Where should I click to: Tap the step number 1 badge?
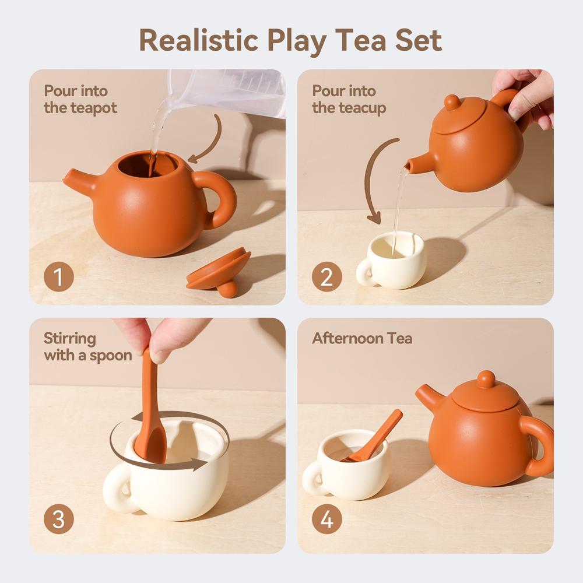click(x=59, y=277)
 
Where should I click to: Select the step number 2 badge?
click(x=327, y=277)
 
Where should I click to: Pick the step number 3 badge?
click(x=59, y=519)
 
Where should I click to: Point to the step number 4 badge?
click(x=327, y=519)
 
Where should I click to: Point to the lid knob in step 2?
click(x=452, y=102)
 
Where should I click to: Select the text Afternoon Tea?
click(x=362, y=338)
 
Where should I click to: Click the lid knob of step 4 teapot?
click(x=485, y=379)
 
